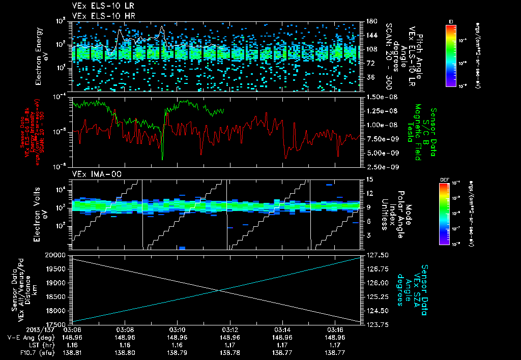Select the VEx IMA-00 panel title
(x=92, y=174)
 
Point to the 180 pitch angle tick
(x=371, y=21)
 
